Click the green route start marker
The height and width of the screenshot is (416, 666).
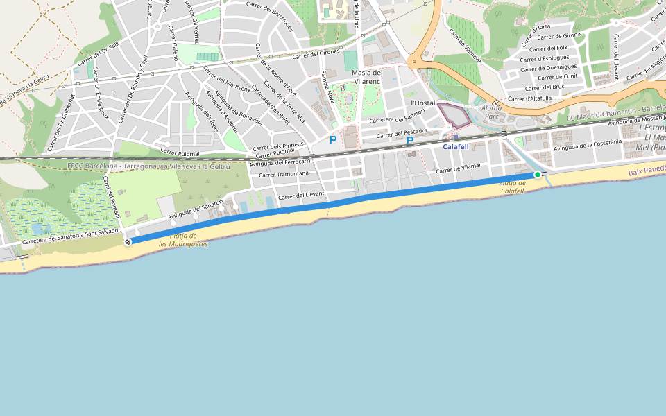(x=538, y=175)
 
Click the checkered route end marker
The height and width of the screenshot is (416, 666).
(x=128, y=241)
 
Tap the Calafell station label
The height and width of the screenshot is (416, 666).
(x=456, y=147)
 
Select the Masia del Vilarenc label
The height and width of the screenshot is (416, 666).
(x=367, y=76)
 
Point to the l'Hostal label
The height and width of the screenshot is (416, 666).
(x=422, y=103)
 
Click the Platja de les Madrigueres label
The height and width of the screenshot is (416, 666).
(x=183, y=240)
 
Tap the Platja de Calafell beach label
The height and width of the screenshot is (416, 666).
(x=512, y=187)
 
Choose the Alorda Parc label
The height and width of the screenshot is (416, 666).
(x=491, y=112)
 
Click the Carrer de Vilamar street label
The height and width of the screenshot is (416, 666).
(x=459, y=169)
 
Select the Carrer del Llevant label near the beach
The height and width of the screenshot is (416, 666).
(x=301, y=196)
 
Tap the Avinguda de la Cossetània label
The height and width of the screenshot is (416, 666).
(x=586, y=146)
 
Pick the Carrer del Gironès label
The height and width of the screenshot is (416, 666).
(x=316, y=53)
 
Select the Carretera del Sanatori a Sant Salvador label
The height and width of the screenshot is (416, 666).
(x=71, y=236)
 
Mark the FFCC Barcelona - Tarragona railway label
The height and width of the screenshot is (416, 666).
(x=148, y=166)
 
